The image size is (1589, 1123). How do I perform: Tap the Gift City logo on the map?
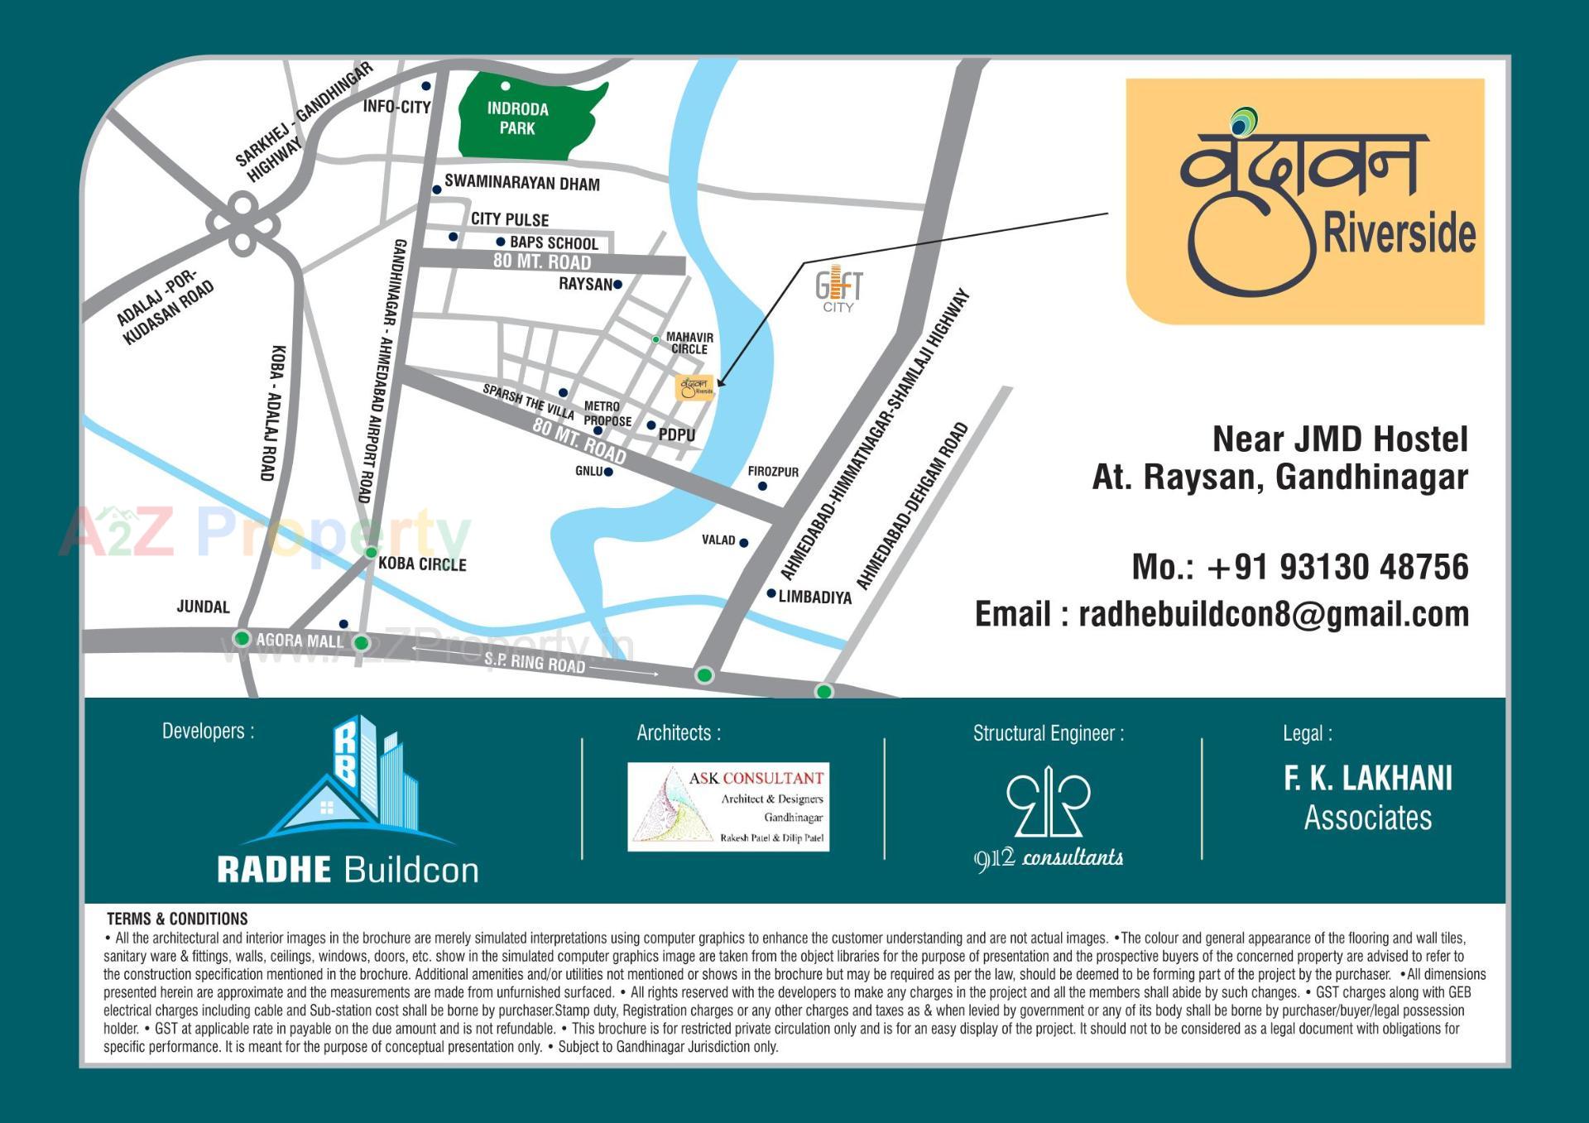tap(838, 289)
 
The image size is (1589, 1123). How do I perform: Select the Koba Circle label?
tap(422, 564)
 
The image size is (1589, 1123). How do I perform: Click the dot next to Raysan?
tap(617, 285)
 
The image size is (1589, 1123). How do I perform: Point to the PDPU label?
tap(676, 435)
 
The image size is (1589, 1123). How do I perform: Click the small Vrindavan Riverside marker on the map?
tap(695, 387)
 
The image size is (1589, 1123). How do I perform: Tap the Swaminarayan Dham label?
tap(521, 183)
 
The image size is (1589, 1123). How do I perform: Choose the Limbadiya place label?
tap(814, 597)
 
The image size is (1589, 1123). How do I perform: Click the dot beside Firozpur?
tap(762, 487)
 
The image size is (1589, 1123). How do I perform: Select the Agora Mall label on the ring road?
tap(299, 641)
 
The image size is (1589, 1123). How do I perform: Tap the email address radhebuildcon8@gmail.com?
tap(1273, 614)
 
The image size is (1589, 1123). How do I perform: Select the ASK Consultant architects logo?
tap(728, 807)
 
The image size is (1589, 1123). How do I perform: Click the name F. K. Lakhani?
tap(1367, 779)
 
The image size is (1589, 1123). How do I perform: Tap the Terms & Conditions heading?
tap(177, 919)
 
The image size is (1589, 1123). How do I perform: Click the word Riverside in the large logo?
tap(1399, 233)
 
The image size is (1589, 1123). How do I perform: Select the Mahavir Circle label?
tap(689, 343)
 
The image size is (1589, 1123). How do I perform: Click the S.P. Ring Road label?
tap(535, 662)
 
